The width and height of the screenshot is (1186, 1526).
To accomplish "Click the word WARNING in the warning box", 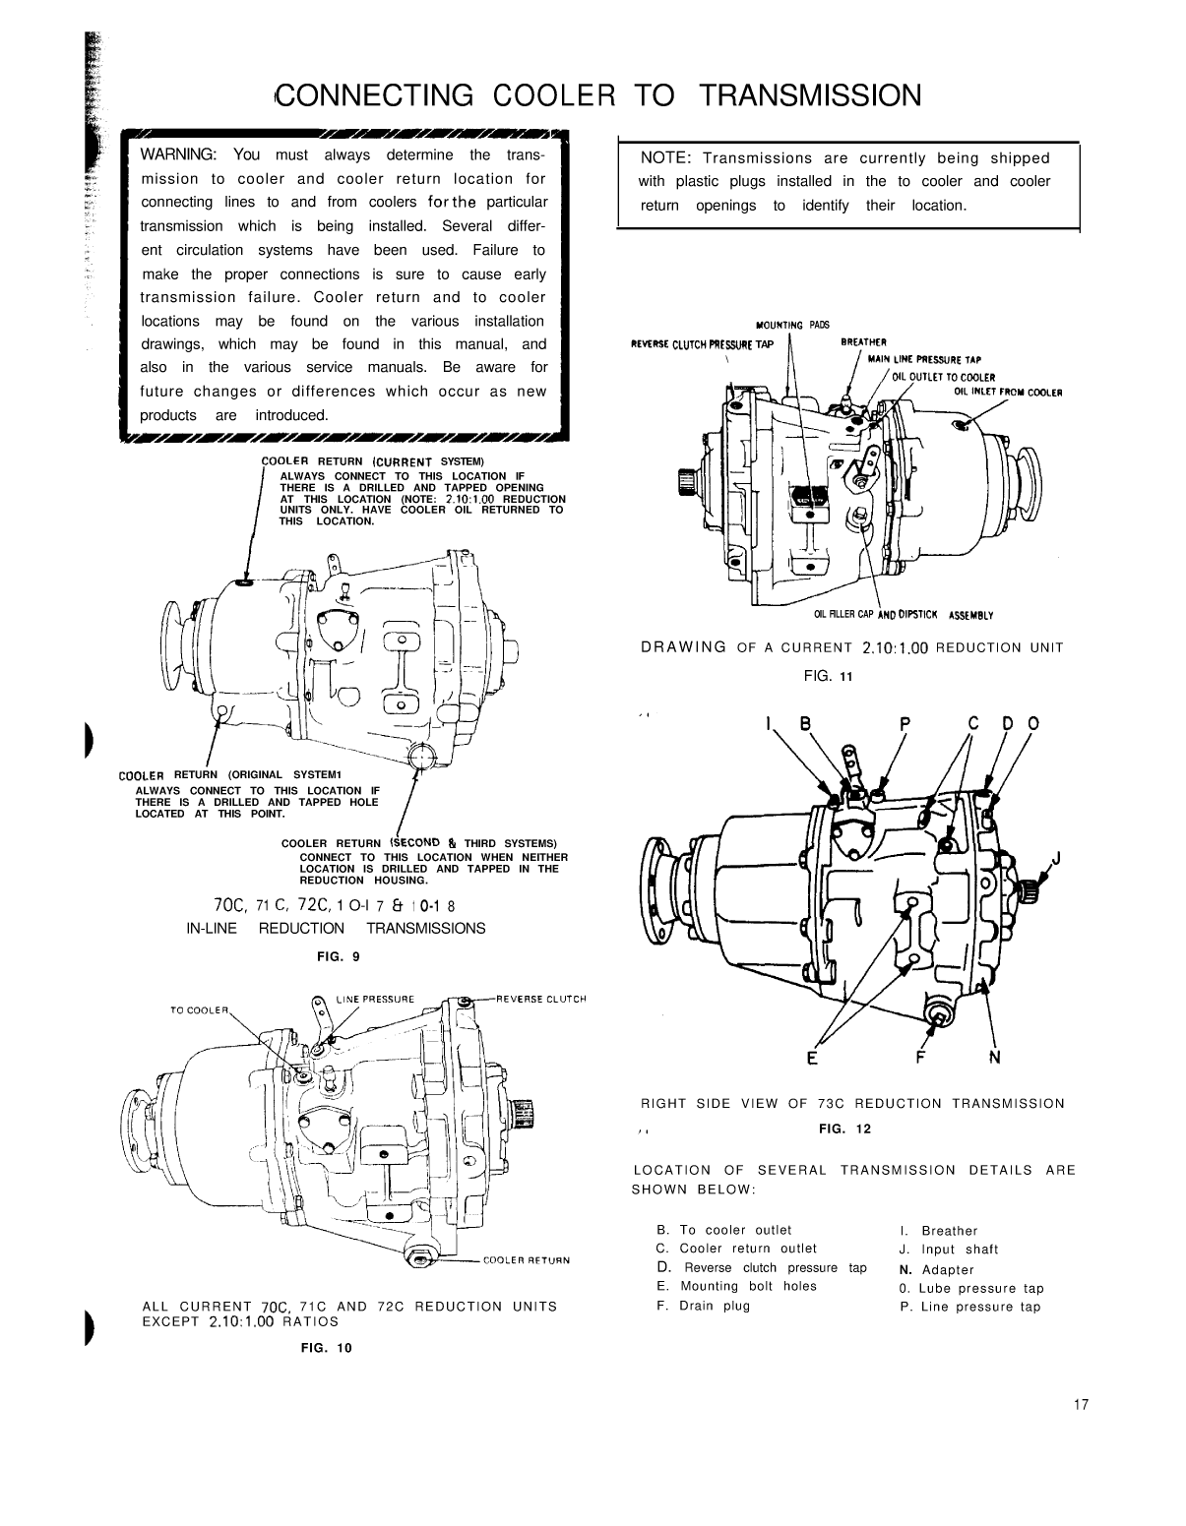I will pos(183,154).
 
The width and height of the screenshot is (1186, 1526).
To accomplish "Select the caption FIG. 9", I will pos(338,956).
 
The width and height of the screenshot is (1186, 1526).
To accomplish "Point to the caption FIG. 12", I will pos(844,1129).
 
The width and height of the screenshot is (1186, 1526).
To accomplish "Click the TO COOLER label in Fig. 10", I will pos(200,1009).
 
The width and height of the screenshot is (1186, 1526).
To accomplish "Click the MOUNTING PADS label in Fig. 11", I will pos(793,325).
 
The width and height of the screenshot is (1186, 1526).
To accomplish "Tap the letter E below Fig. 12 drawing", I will pos(812,1059).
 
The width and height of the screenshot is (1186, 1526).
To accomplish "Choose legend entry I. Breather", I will pos(938,1231).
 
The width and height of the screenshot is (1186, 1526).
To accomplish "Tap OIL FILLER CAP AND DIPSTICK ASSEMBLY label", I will pos(904,616).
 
